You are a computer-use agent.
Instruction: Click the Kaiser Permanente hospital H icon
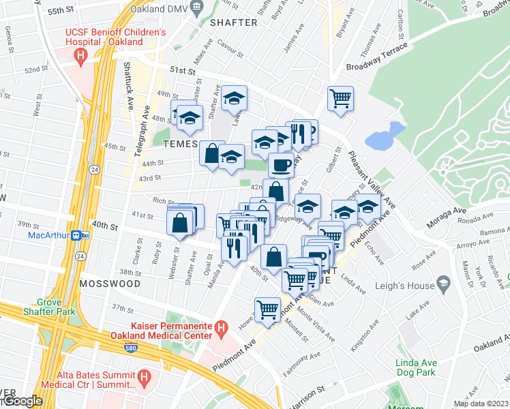point(220,330)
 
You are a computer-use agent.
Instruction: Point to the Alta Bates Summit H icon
point(143,377)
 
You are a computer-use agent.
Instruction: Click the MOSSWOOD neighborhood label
point(110,283)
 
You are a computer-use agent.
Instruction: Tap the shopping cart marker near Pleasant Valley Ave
point(340,98)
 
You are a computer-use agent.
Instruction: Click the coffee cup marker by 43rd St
point(281,165)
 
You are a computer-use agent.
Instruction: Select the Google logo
point(22,401)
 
